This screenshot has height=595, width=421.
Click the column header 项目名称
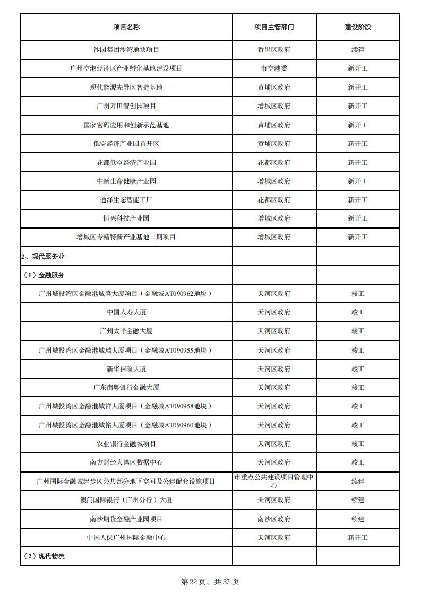(x=126, y=27)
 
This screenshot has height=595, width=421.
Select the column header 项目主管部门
(x=274, y=27)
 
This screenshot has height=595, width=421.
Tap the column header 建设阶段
(x=358, y=27)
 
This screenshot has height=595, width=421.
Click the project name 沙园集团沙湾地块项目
(x=126, y=50)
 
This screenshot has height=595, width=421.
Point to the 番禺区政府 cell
(x=274, y=50)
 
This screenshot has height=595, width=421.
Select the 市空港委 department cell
(x=274, y=68)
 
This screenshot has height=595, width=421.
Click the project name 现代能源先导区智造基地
(x=126, y=87)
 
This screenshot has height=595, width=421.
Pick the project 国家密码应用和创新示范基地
(x=126, y=125)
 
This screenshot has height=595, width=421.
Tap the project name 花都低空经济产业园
(x=126, y=162)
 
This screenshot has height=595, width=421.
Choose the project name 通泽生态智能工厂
(x=126, y=200)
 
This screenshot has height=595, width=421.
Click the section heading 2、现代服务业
(x=43, y=257)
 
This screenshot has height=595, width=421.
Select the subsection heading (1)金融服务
(x=44, y=275)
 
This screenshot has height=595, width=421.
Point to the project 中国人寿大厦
(x=126, y=312)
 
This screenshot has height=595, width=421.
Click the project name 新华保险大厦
(x=126, y=369)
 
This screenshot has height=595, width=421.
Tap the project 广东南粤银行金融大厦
(x=126, y=388)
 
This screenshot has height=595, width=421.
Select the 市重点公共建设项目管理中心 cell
(x=274, y=481)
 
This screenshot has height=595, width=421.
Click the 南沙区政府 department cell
(x=274, y=519)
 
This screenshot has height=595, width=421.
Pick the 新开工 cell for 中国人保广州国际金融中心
(x=358, y=538)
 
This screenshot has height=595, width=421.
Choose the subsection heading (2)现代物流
(x=44, y=556)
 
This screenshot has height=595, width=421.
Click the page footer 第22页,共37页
(x=210, y=582)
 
